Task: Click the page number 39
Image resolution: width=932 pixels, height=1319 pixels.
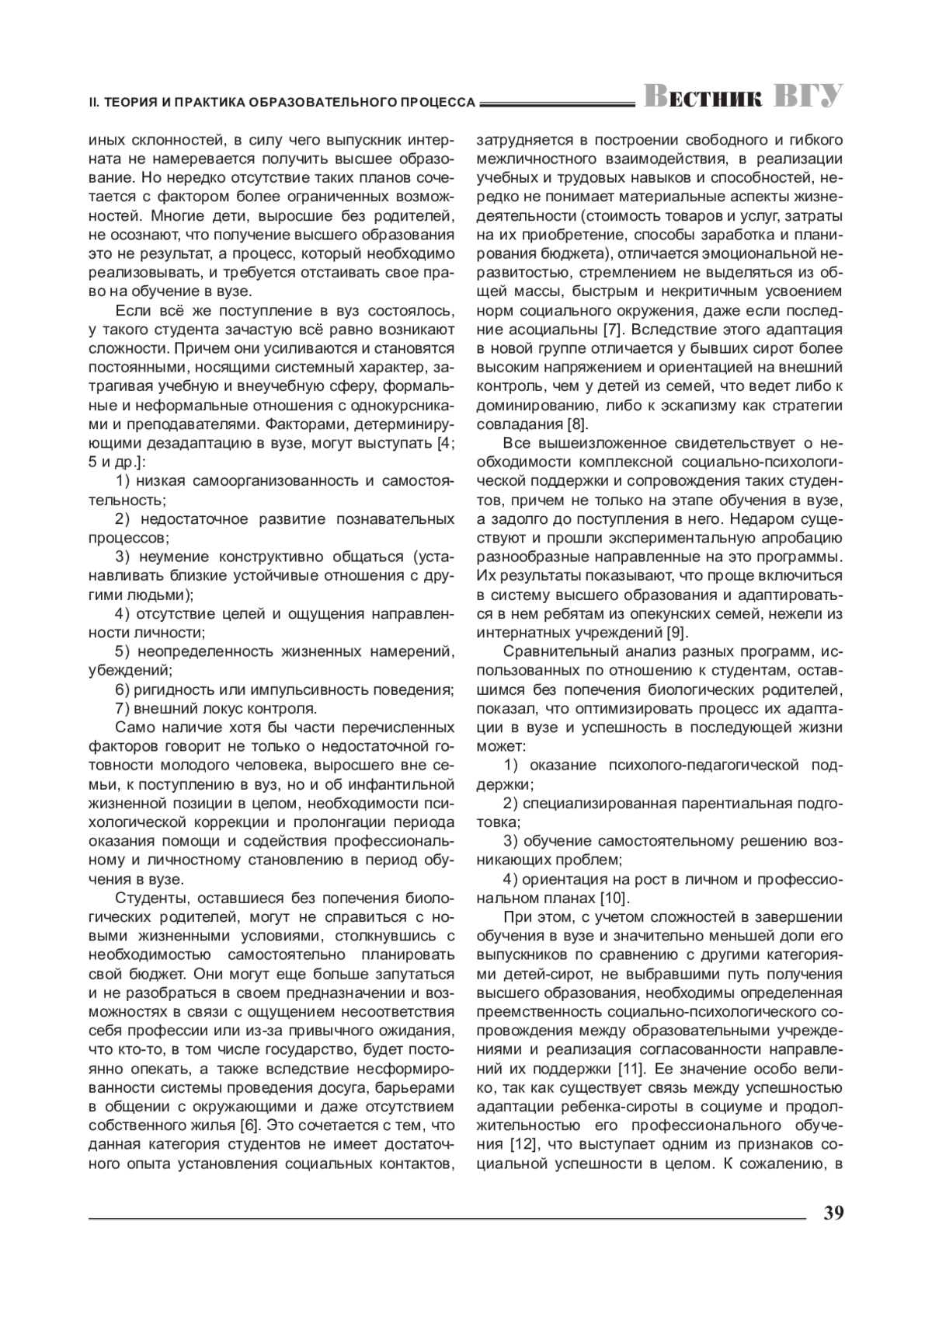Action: (834, 1213)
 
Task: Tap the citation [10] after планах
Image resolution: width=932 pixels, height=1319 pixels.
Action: (615, 898)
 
